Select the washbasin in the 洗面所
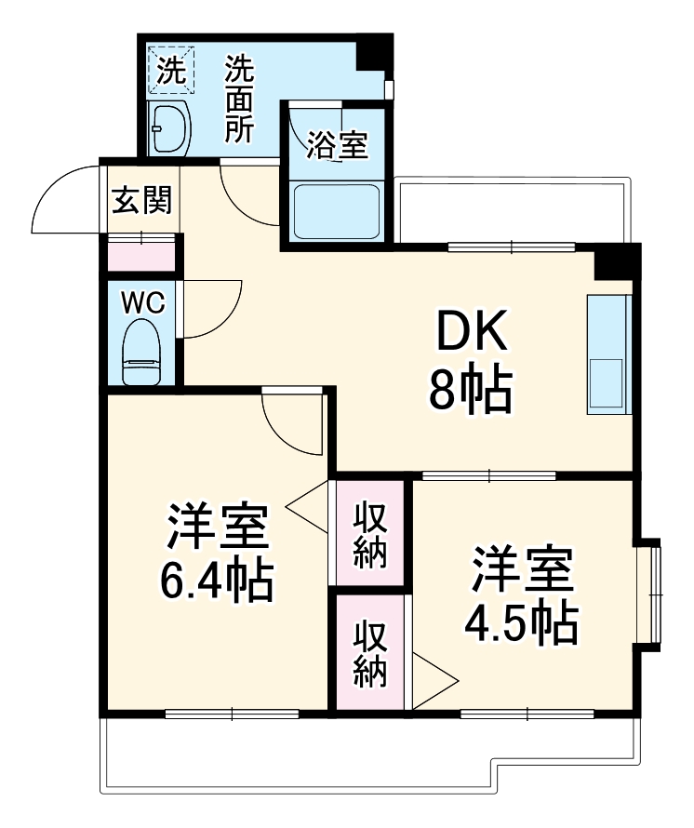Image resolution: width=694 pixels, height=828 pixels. (169, 127)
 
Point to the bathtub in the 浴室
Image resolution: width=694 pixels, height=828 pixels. (338, 211)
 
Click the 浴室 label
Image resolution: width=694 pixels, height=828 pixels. (338, 144)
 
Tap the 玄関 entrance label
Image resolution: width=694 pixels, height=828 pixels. (142, 200)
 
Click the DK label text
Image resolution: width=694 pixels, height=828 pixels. (472, 330)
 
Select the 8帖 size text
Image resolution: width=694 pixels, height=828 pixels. (471, 392)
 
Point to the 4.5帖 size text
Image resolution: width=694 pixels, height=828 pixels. (522, 622)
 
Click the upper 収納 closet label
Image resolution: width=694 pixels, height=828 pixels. (370, 535)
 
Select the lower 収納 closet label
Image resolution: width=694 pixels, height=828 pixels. (370, 653)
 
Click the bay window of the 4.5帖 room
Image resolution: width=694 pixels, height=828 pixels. (648, 595)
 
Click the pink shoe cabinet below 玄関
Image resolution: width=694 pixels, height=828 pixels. (141, 255)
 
